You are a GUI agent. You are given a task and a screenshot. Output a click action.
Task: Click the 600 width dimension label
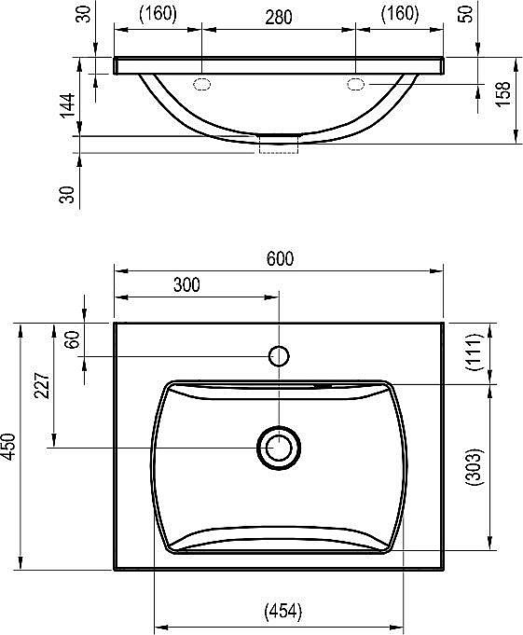point(280,259)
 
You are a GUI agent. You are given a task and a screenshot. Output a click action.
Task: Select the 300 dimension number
point(186,286)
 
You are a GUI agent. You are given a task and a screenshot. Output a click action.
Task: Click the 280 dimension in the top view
point(278,16)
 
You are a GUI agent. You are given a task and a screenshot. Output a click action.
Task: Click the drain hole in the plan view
point(278,447)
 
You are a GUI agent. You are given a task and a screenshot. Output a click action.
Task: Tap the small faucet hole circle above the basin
point(278,355)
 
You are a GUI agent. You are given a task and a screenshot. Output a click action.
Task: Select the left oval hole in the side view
point(201,85)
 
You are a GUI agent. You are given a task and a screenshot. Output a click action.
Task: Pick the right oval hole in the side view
point(356,85)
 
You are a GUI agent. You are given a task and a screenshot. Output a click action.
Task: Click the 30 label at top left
point(86,16)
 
